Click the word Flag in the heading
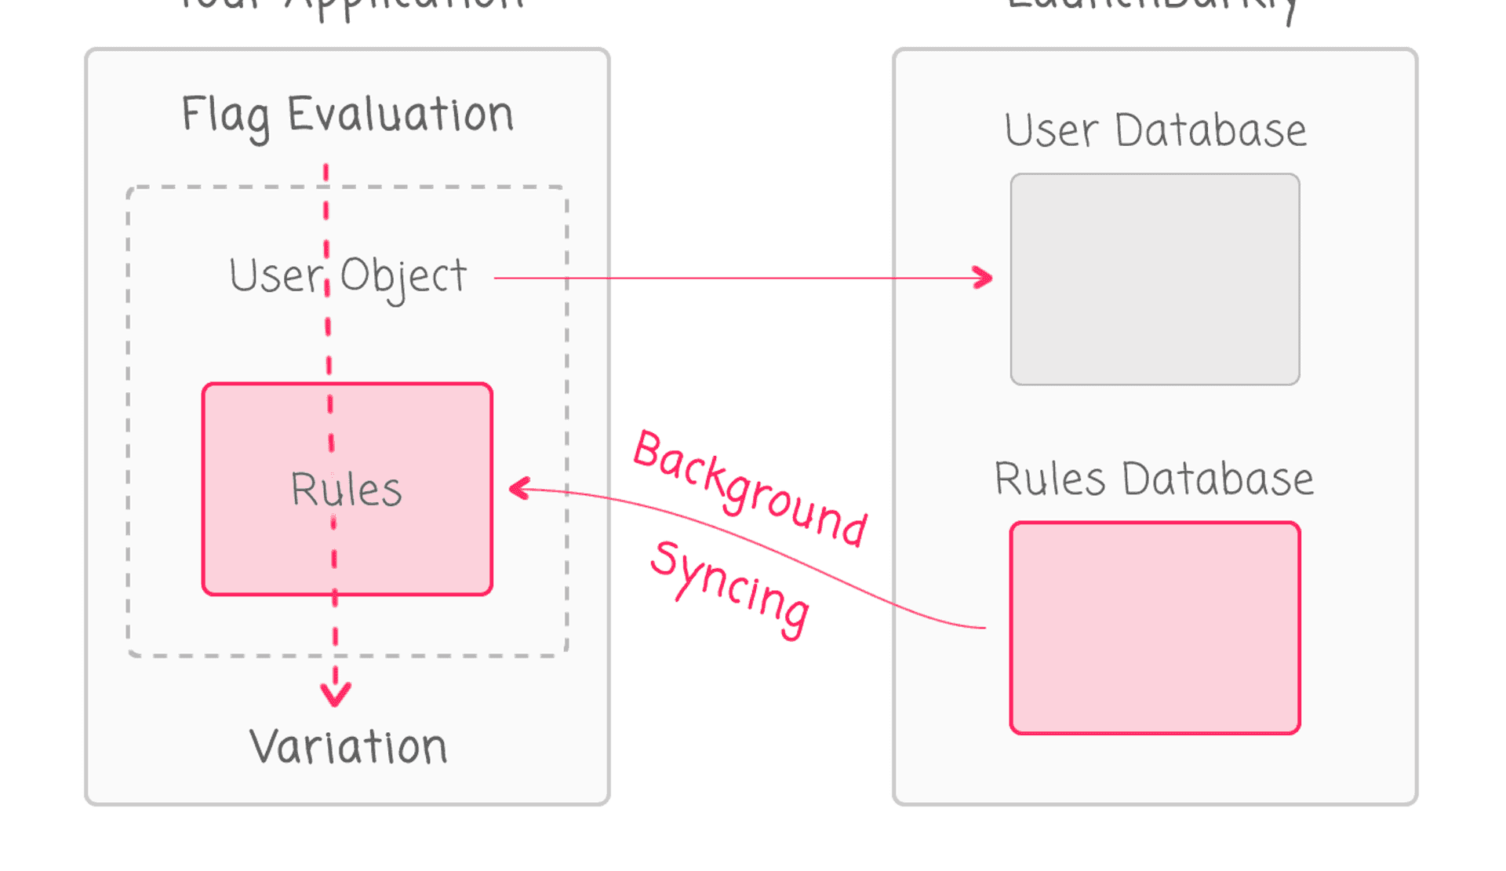click(x=225, y=115)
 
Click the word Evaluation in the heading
click(x=400, y=115)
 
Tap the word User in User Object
click(x=275, y=276)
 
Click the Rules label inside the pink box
click(x=346, y=490)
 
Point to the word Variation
click(x=348, y=746)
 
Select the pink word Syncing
click(x=730, y=589)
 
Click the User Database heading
click(x=1155, y=130)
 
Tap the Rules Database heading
click(x=1154, y=479)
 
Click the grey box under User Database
click(x=1155, y=279)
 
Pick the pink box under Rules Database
click(x=1155, y=628)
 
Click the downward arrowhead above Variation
click(x=336, y=694)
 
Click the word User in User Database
click(x=1051, y=130)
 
